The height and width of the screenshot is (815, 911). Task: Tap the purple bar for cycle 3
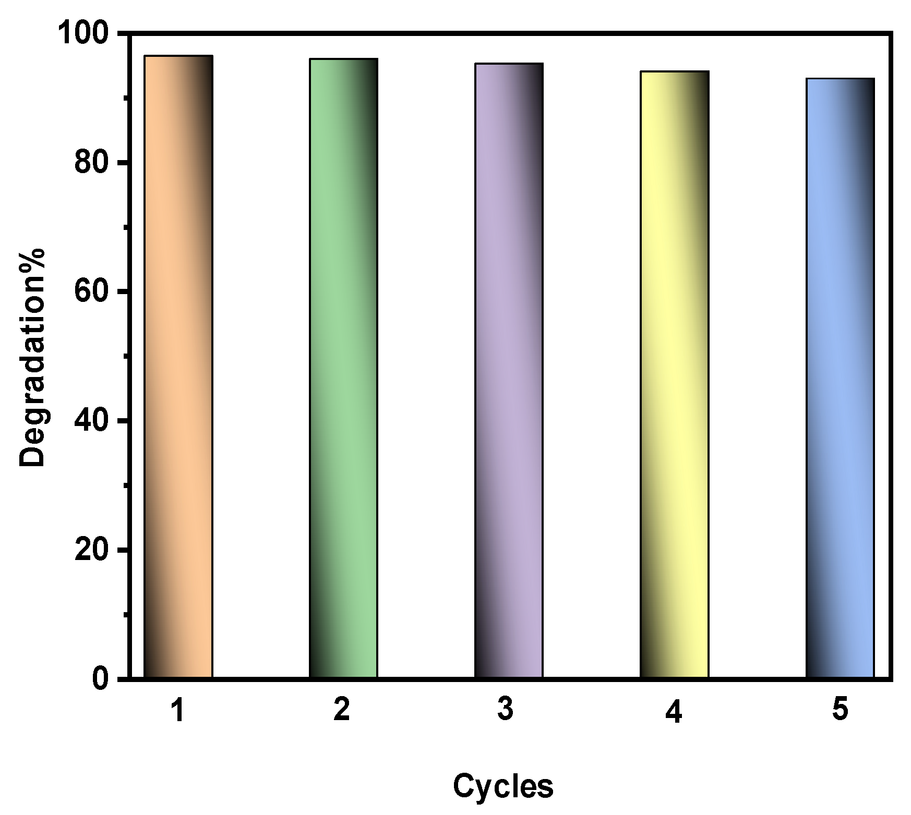(509, 370)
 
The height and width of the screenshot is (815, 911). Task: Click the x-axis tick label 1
(178, 710)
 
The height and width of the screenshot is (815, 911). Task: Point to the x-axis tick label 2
(342, 710)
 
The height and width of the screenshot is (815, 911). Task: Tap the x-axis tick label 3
(505, 710)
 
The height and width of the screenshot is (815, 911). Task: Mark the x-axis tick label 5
(840, 710)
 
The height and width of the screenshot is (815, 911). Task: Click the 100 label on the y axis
(86, 34)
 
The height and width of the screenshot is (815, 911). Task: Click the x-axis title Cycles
(503, 786)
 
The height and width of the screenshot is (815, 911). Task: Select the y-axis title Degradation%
(32, 357)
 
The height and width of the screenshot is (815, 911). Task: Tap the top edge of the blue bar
(840, 79)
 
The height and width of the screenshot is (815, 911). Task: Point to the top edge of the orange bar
(178, 56)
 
